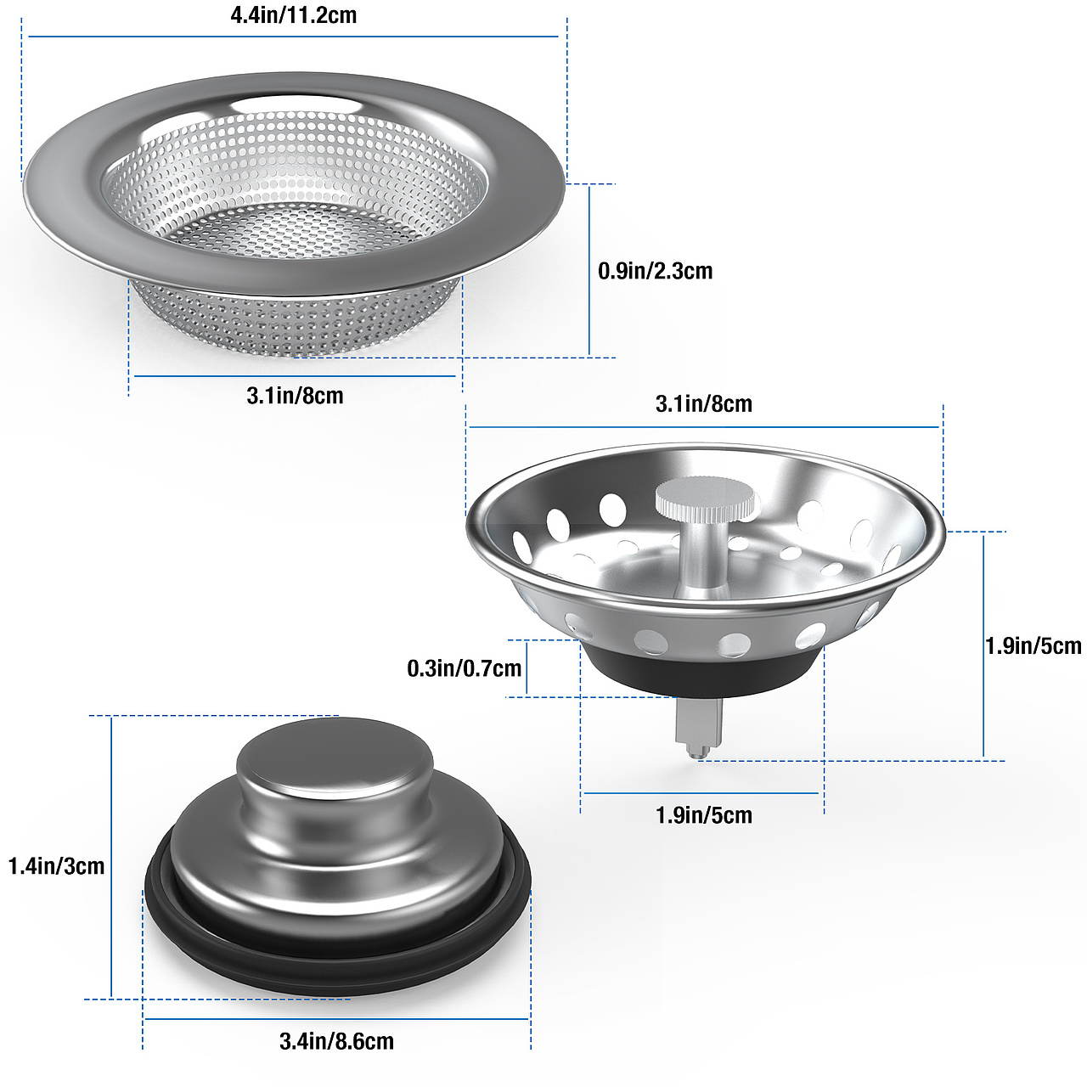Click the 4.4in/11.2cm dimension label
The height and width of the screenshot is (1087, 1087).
point(293,15)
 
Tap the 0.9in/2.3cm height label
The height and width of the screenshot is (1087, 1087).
point(655,272)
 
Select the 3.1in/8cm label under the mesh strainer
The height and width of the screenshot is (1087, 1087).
point(295,396)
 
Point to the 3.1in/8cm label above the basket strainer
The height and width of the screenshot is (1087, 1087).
point(703,404)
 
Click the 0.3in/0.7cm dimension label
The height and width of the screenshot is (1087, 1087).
point(464,668)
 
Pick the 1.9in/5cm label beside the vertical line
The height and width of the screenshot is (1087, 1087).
point(1033,646)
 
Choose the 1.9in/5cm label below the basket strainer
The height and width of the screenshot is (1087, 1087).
point(703,815)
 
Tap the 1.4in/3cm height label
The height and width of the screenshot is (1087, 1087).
point(56,866)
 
